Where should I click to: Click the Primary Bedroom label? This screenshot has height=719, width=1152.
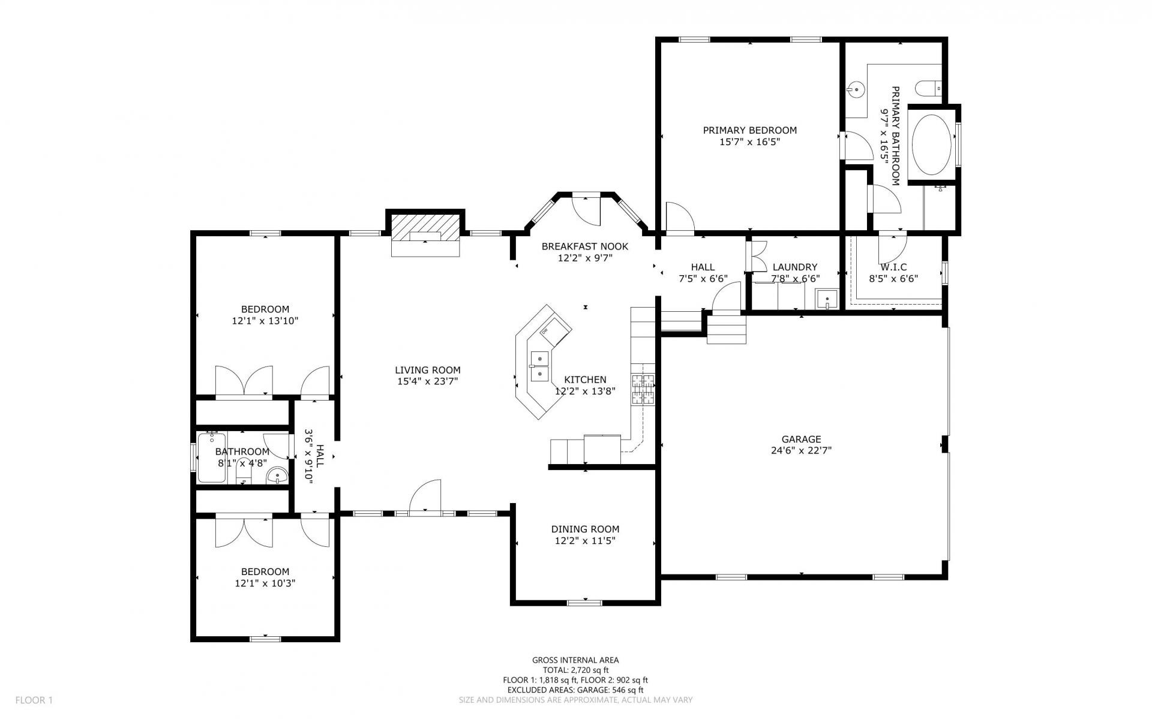click(x=749, y=130)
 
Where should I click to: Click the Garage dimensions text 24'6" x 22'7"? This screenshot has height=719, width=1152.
click(x=801, y=450)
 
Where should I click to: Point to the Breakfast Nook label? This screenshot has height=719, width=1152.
click(x=585, y=246)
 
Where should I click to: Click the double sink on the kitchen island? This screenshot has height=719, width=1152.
click(x=540, y=366)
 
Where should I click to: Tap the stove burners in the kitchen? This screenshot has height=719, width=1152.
click(x=642, y=389)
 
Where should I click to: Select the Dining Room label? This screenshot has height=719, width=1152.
click(x=585, y=529)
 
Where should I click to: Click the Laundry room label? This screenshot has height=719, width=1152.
click(x=795, y=267)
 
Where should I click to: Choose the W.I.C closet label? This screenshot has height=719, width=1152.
click(x=893, y=267)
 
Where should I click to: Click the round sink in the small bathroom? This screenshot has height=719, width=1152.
click(x=277, y=477)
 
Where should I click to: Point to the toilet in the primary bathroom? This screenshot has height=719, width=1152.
click(x=929, y=88)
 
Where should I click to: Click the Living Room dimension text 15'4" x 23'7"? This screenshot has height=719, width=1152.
click(x=427, y=381)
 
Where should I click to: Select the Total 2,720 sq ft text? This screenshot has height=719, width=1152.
click(x=575, y=670)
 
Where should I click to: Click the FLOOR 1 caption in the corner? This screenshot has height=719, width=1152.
click(x=34, y=700)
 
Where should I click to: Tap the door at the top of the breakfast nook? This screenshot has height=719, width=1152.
click(x=586, y=209)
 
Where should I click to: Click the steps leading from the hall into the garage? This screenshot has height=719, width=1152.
click(x=726, y=329)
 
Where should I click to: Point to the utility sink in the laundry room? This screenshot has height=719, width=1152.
click(x=827, y=299)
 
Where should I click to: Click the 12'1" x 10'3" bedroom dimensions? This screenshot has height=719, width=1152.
click(x=265, y=583)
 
